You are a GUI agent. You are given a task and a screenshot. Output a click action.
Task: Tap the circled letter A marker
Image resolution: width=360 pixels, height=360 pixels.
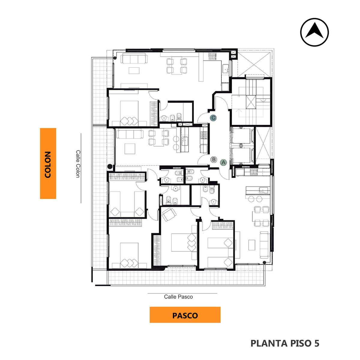point(223,162)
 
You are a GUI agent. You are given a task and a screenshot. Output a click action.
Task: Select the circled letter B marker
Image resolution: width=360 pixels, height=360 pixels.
point(214,160)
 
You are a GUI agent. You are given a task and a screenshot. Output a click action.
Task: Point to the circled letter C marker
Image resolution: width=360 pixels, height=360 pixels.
point(213,118)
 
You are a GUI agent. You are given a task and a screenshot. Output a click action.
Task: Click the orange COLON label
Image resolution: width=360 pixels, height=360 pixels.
point(48,163)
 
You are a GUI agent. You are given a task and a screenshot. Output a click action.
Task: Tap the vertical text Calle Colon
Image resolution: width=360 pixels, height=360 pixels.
point(78,164)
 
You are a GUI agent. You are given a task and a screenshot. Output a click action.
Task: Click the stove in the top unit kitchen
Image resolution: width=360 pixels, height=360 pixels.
point(212,56)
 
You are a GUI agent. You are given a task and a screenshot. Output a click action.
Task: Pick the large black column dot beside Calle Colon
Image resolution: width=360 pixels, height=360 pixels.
point(110,166)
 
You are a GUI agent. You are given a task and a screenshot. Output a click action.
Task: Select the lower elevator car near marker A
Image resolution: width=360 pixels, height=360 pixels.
point(242,155)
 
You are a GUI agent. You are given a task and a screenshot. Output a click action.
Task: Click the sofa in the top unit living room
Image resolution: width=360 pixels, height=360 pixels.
point(134,58)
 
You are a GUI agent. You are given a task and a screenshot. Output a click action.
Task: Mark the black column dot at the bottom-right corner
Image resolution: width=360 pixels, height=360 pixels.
point(264,262)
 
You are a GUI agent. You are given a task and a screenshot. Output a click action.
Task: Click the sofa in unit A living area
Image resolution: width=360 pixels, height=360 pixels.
point(265,245)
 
